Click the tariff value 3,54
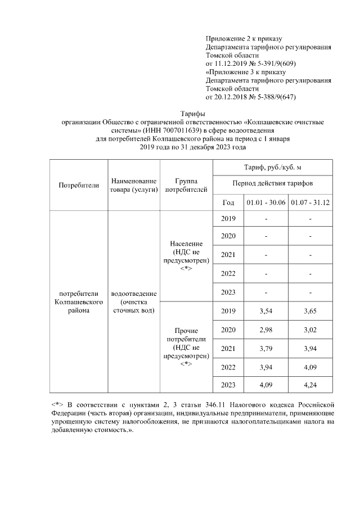point(266,311)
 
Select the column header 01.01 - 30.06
point(266,202)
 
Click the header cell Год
point(228,202)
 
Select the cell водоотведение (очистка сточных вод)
point(134,302)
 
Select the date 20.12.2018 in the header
point(233,97)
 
